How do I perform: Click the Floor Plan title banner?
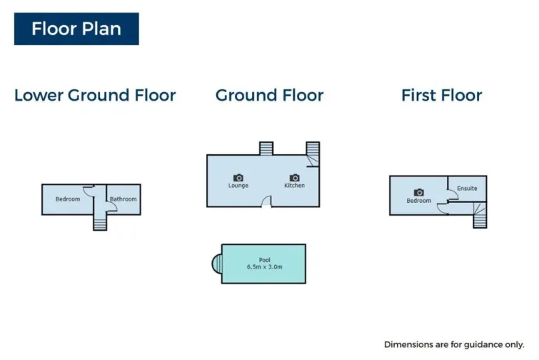click(x=76, y=29)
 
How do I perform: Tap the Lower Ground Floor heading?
click(x=95, y=95)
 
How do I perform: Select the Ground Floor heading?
click(x=270, y=95)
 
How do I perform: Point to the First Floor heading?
click(x=442, y=95)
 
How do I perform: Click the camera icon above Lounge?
click(x=238, y=177)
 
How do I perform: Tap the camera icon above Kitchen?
click(x=295, y=177)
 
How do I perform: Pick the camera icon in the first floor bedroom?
click(x=418, y=192)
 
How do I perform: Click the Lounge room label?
click(x=238, y=185)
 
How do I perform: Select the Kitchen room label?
click(x=295, y=185)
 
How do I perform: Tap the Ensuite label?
click(x=467, y=188)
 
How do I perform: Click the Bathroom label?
click(x=123, y=199)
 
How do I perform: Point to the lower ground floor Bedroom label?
click(x=68, y=199)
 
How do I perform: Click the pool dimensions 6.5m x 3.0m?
click(x=265, y=267)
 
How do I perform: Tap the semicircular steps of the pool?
click(x=217, y=264)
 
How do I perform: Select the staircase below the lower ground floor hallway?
click(x=100, y=223)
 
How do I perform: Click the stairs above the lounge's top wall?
click(x=266, y=149)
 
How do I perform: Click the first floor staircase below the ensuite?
click(x=480, y=215)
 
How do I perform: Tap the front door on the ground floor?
click(x=266, y=202)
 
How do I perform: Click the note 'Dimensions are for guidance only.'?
click(x=454, y=344)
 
